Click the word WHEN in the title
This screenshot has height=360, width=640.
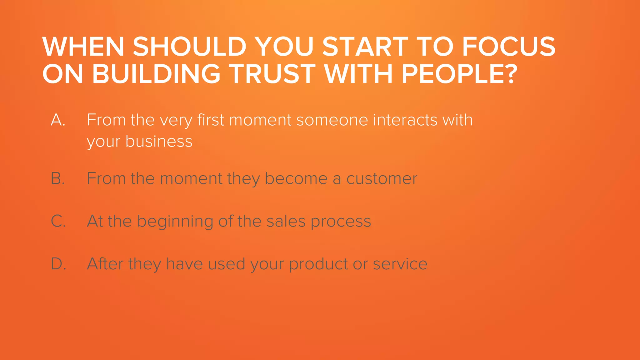[83, 47]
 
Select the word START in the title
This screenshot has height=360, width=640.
[365, 47]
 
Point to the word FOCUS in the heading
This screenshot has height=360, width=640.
[508, 47]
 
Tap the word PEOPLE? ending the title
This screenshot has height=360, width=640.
[459, 74]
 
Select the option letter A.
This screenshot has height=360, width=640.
[58, 120]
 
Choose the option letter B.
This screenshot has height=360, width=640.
[58, 179]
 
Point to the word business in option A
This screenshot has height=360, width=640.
[159, 141]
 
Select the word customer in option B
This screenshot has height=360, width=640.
[382, 179]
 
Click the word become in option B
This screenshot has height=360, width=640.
[296, 179]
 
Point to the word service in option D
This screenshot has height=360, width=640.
[400, 264]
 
